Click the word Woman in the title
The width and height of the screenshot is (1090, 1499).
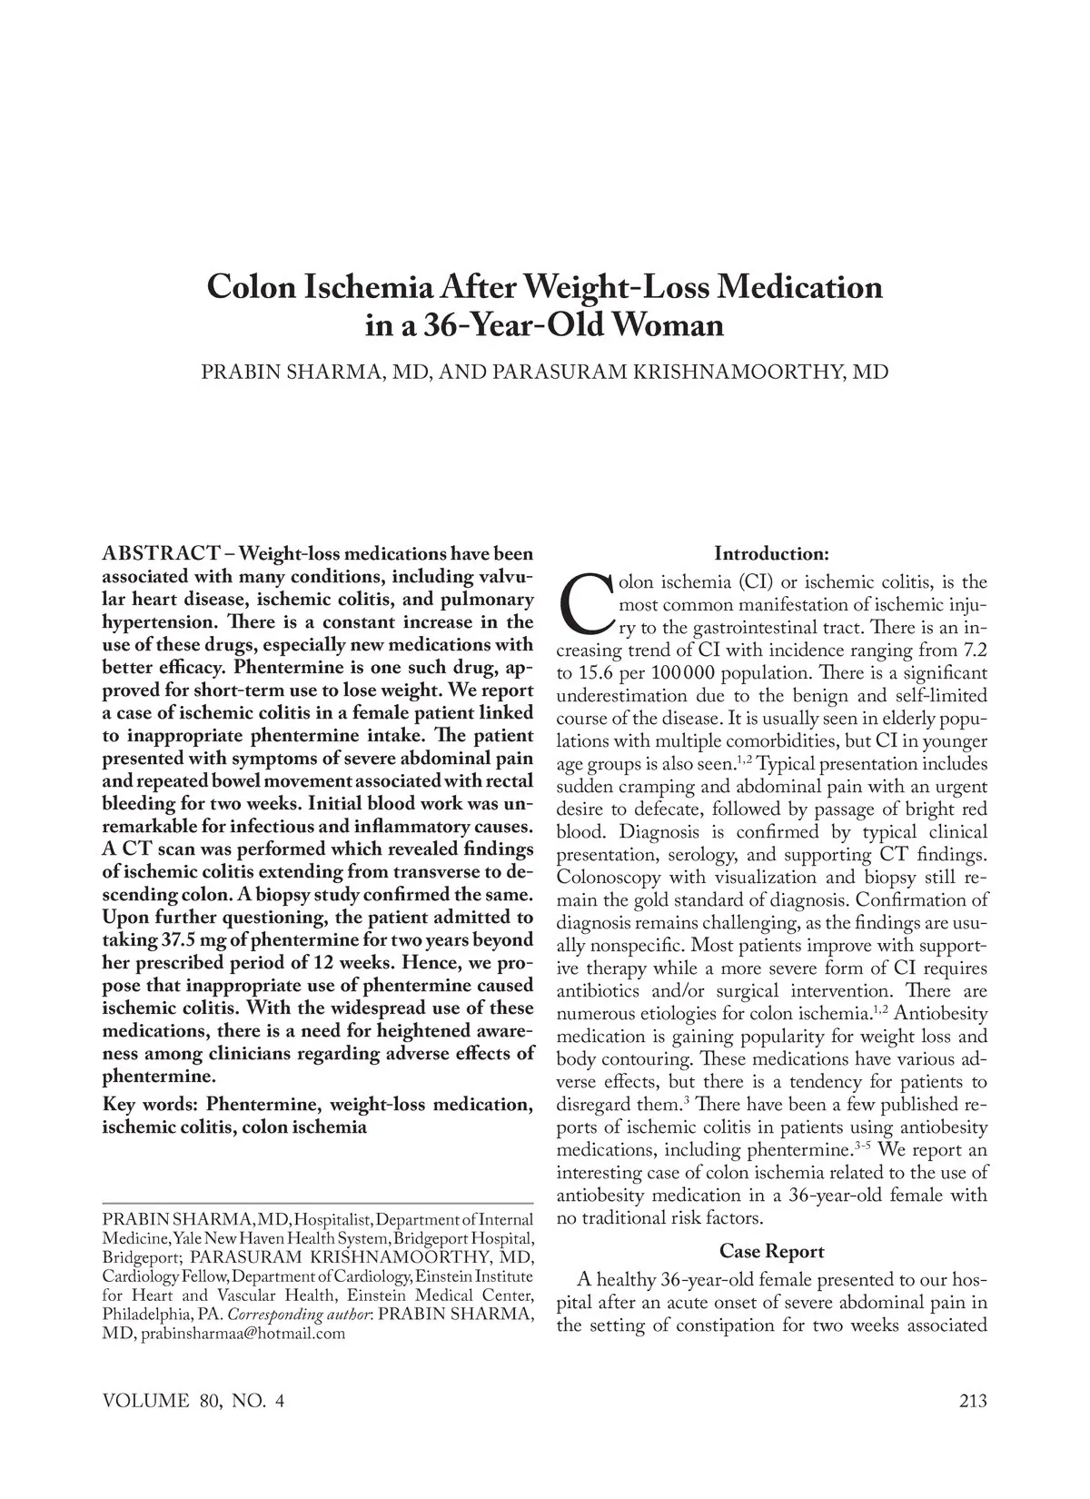(669, 324)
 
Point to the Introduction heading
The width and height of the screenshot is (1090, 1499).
(771, 553)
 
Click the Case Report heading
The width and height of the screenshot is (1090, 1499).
(771, 1251)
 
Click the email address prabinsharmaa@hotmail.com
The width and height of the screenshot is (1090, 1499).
(243, 1334)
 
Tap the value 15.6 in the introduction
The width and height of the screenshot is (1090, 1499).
(596, 673)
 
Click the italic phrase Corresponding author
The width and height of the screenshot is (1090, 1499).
(299, 1315)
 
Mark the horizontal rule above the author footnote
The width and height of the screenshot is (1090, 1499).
(317, 1202)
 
